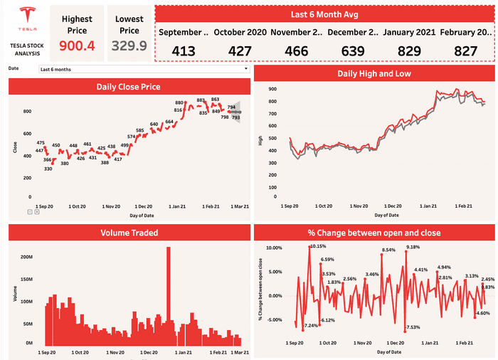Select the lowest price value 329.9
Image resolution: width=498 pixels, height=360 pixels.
pyautogui.click(x=129, y=46)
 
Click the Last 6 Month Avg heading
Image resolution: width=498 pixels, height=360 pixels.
pyautogui.click(x=324, y=14)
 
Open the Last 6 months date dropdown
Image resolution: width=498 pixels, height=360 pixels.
pyautogui.click(x=144, y=69)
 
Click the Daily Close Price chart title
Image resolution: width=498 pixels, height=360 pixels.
pyautogui.click(x=129, y=87)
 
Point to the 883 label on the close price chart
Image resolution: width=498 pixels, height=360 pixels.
pyautogui.click(x=201, y=100)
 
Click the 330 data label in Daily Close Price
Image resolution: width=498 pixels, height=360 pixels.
pyautogui.click(x=48, y=169)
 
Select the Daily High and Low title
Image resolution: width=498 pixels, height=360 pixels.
pyautogui.click(x=373, y=73)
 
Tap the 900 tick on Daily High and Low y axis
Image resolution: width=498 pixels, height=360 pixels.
pyautogui.click(x=272, y=88)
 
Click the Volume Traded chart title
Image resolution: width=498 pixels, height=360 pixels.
pyautogui.click(x=129, y=233)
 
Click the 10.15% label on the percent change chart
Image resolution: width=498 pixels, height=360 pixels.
pyautogui.click(x=318, y=246)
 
